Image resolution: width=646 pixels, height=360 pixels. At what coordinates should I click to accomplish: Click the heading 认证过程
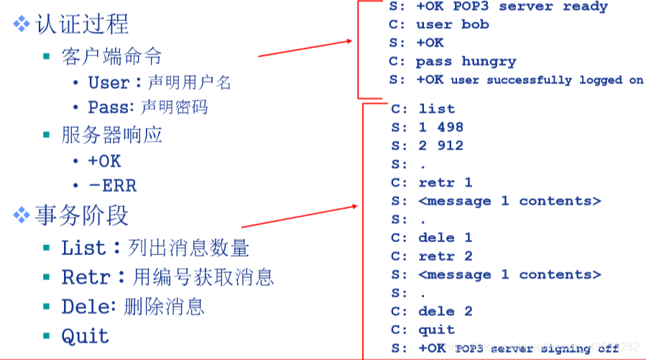click(x=81, y=24)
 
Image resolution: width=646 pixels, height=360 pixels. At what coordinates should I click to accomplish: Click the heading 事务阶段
click(x=81, y=215)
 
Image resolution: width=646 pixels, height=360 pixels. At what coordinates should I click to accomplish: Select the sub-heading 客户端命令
click(x=112, y=57)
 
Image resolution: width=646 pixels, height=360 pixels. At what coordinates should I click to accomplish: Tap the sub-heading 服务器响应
click(x=112, y=134)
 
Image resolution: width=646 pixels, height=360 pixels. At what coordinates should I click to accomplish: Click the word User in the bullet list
click(x=109, y=83)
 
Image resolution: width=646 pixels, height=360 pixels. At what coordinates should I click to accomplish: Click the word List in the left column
click(x=83, y=249)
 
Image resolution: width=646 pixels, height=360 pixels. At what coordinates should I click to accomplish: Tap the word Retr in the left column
click(x=86, y=277)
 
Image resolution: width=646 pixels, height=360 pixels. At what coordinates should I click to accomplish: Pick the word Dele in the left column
click(x=85, y=306)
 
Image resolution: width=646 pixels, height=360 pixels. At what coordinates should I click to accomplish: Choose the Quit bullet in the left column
click(x=85, y=336)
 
